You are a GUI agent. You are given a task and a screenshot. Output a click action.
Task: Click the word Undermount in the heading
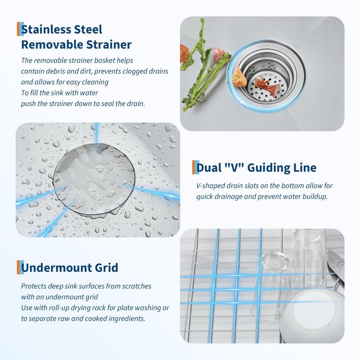point(55,268)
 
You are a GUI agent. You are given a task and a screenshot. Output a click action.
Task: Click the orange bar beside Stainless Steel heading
point(18,29)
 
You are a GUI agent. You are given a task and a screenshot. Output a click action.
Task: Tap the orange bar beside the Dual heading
point(193,167)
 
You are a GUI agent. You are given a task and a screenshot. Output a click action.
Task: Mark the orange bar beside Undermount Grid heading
point(18,267)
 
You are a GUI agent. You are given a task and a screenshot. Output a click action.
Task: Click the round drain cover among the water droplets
point(94,180)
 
